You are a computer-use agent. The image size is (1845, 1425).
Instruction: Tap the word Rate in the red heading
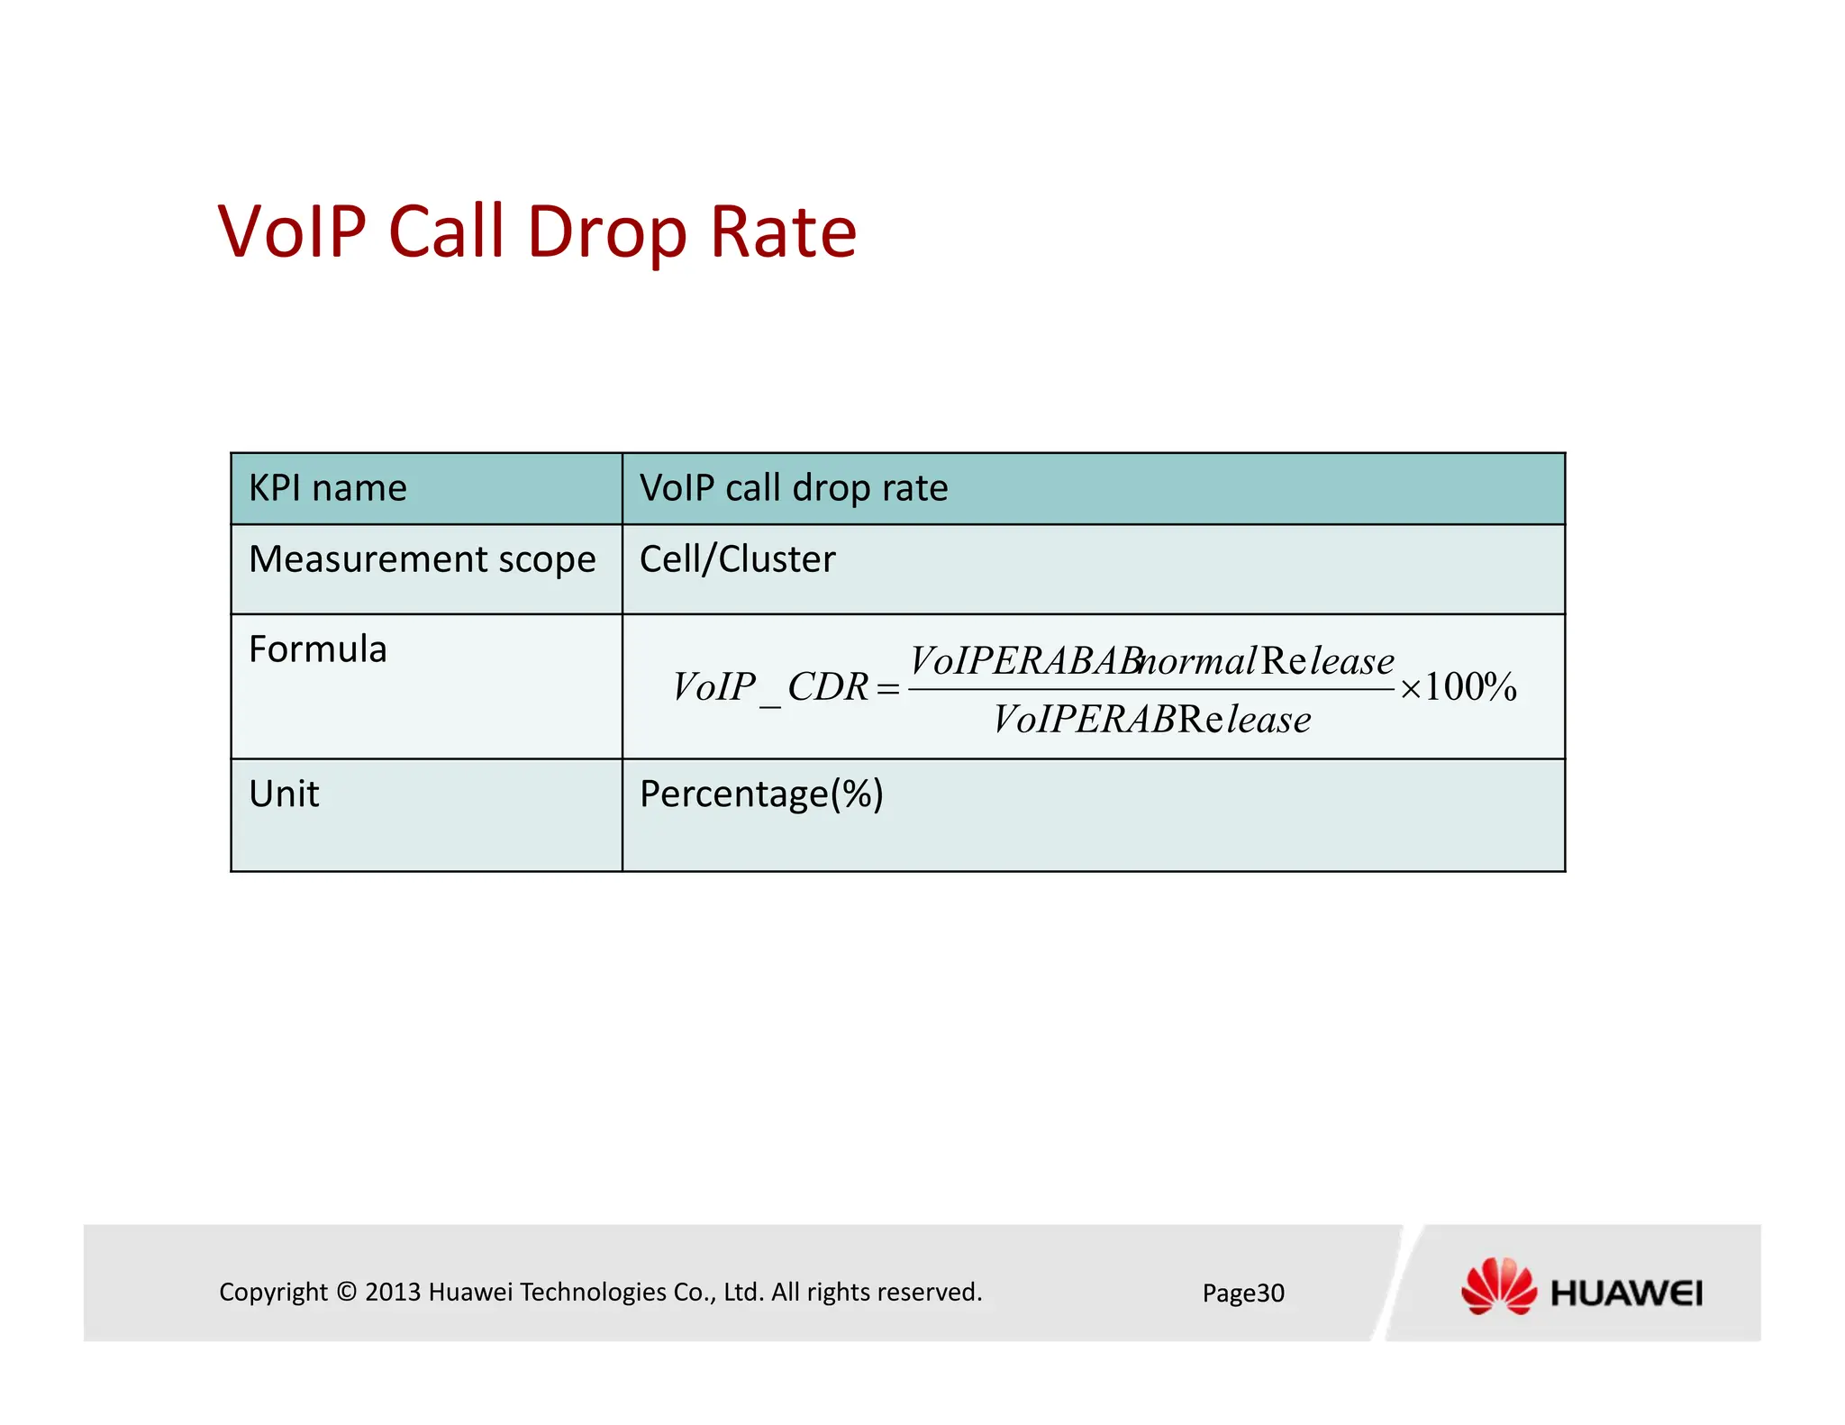pos(783,232)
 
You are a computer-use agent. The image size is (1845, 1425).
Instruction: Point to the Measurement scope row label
pos(422,559)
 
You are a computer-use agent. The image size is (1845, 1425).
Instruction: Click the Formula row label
pos(317,649)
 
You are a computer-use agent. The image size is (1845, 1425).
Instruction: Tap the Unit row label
pos(284,794)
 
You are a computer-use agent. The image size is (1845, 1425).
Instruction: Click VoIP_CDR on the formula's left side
pos(770,687)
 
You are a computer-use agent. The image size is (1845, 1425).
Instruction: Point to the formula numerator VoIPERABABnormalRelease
pos(1151,661)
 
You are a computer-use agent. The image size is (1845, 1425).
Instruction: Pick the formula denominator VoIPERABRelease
pos(1151,720)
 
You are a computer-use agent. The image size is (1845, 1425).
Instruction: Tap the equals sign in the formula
pos(888,689)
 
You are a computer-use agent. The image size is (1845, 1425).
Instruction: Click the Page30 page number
pos(1243,1293)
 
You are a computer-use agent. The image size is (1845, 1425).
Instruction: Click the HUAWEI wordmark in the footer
pos(1626,1294)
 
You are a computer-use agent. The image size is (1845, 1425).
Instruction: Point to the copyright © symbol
pos(347,1293)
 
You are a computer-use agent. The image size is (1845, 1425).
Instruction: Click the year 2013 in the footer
pos(393,1293)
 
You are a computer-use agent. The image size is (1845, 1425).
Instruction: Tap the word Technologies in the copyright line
pos(593,1293)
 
